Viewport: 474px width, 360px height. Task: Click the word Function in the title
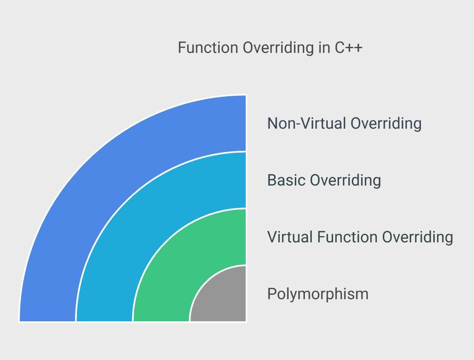[x=208, y=47]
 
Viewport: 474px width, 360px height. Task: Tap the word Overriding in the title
[x=278, y=48]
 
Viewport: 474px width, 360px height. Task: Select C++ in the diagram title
[x=348, y=47]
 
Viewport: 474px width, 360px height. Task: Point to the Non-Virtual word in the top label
[x=307, y=124]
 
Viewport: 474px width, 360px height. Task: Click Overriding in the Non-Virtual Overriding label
[x=386, y=124]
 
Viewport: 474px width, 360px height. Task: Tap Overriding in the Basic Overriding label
[x=346, y=180]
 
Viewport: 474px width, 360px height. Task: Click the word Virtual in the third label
[x=290, y=237]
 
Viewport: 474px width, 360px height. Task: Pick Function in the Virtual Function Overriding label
[x=348, y=237]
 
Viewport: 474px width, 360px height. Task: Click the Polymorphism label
[x=318, y=294]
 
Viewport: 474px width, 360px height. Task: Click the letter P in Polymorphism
[x=272, y=294]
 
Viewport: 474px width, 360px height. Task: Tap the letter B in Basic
[x=272, y=180]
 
